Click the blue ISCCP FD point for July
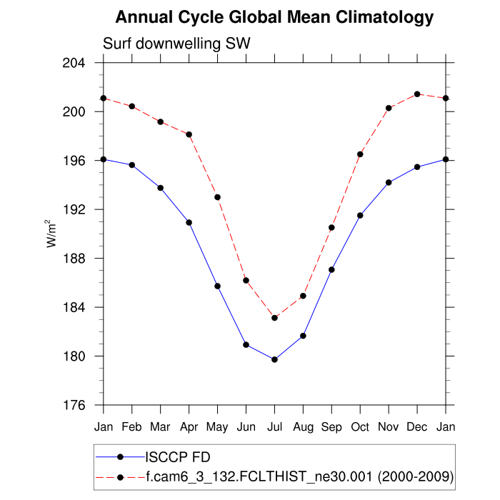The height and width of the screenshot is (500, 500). click(274, 359)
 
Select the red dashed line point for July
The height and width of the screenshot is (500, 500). click(274, 317)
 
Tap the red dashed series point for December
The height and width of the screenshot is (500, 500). click(417, 94)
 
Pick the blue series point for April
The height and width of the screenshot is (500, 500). click(189, 222)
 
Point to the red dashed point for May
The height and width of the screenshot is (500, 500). click(217, 197)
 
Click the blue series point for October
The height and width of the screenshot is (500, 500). click(360, 216)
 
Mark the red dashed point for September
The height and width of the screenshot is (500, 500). click(331, 228)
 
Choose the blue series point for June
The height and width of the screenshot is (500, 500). click(246, 344)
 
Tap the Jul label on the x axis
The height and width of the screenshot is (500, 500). click(274, 426)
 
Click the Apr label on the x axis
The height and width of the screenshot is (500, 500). click(189, 426)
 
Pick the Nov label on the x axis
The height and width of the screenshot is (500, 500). click(389, 426)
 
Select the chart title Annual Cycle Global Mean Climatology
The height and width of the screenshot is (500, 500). click(274, 16)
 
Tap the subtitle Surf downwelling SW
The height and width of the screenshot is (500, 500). click(176, 44)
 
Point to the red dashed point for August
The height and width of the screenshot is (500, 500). click(303, 296)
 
